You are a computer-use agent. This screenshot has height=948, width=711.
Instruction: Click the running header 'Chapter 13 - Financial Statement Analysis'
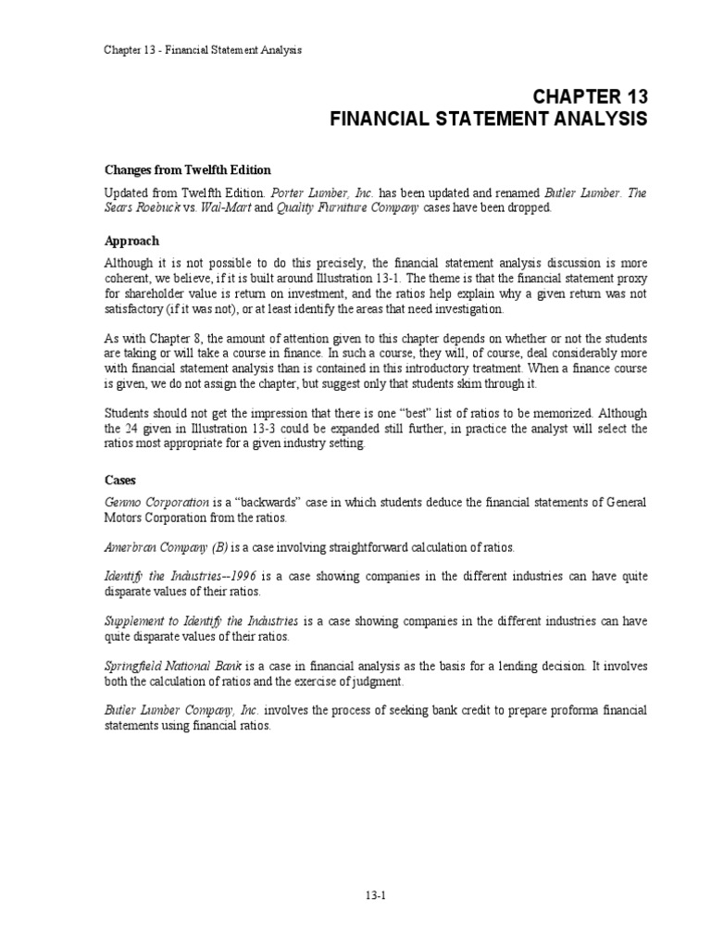pos(203,49)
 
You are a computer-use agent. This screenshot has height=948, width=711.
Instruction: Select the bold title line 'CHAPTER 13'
pos(589,97)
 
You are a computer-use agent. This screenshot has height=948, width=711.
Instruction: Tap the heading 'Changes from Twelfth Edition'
pos(187,169)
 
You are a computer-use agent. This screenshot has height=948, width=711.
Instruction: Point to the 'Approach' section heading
pos(131,241)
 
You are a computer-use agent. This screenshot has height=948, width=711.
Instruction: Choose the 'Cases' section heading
pos(119,480)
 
